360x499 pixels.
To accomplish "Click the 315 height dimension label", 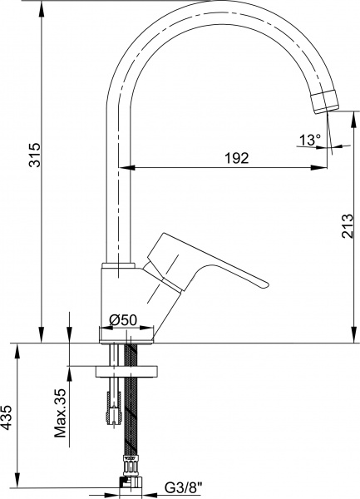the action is tap(35, 155).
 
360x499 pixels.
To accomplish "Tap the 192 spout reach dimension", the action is tap(236, 158).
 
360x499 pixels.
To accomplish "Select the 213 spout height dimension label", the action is tap(348, 226).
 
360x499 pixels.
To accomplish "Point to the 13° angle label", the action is tap(309, 140).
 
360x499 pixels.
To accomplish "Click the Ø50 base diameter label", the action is tap(123, 319).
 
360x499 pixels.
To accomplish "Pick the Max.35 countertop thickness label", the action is tap(60, 413).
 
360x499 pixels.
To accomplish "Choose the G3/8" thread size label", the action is tap(184, 487).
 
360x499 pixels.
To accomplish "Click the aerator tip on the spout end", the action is tap(324, 101).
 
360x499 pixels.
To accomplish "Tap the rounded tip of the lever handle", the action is tap(265, 284).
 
